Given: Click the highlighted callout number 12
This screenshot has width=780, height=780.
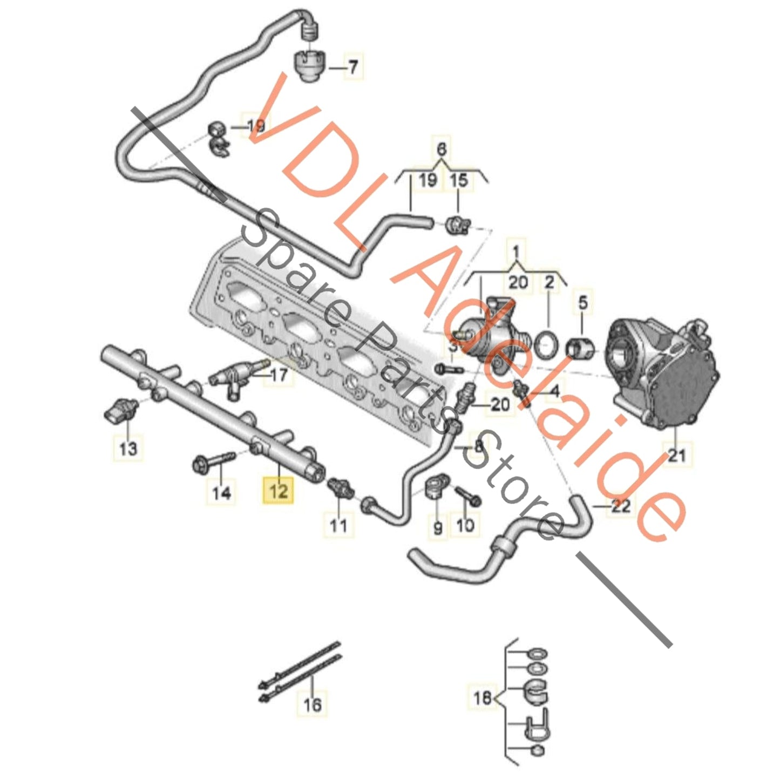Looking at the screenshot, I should pyautogui.click(x=278, y=491).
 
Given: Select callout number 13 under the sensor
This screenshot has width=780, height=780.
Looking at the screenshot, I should pyautogui.click(x=128, y=448).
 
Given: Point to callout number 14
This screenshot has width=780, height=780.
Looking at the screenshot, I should pyautogui.click(x=221, y=492).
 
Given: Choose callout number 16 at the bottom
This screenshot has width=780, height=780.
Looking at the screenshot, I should pyautogui.click(x=313, y=704).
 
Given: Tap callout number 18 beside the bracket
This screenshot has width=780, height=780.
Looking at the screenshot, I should pyautogui.click(x=482, y=698).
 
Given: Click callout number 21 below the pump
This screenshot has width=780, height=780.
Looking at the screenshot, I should pyautogui.click(x=676, y=455).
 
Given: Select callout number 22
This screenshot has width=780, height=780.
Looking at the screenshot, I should pyautogui.click(x=621, y=506).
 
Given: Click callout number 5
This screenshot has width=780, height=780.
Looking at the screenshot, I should pyautogui.click(x=583, y=302).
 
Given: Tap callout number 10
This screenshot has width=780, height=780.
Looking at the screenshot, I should pyautogui.click(x=465, y=525).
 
